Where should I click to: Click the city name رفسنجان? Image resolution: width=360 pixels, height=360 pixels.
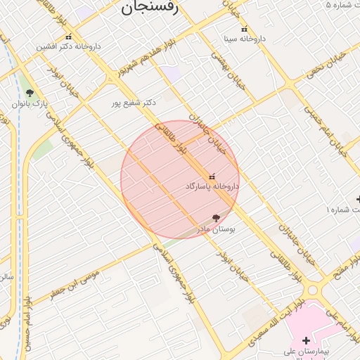coord(155,8)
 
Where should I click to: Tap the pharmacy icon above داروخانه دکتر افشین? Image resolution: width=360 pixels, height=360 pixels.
coord(68,37)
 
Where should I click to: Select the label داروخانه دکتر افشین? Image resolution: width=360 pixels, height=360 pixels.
coord(69,46)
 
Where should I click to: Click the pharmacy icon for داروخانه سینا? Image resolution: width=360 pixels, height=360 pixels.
coord(244,30)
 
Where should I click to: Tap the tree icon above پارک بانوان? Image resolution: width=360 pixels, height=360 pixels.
coord(29,93)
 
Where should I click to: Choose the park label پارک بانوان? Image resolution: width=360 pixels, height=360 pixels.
coord(29,103)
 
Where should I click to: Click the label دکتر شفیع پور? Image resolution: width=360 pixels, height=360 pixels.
coord(134,103)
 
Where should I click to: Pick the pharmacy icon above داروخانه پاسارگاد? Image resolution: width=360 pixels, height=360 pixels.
coord(212,176)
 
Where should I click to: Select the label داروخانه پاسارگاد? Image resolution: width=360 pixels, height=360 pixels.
coord(212,186)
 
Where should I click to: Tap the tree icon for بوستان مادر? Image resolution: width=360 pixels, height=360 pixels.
coord(216,219)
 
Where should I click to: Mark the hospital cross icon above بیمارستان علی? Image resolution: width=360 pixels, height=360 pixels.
coord(306,340)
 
